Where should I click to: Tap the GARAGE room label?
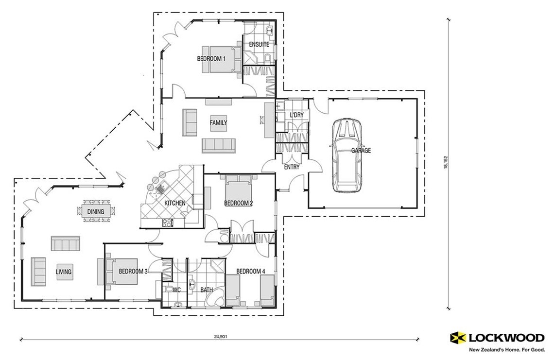[x=361, y=151]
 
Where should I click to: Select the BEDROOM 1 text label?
[x=211, y=59]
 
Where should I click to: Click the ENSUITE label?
[x=259, y=44]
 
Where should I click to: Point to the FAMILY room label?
[x=218, y=123]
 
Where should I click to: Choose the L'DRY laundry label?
[x=296, y=114]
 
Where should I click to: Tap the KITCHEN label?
[x=174, y=203]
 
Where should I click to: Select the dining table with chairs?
[x=96, y=211]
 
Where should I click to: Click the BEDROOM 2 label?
[x=238, y=203]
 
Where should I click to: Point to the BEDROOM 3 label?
[x=133, y=271]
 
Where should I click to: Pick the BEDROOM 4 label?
[x=250, y=271]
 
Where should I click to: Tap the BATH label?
[x=207, y=290]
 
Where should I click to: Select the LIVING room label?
[x=64, y=272]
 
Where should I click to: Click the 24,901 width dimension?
[x=220, y=336]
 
